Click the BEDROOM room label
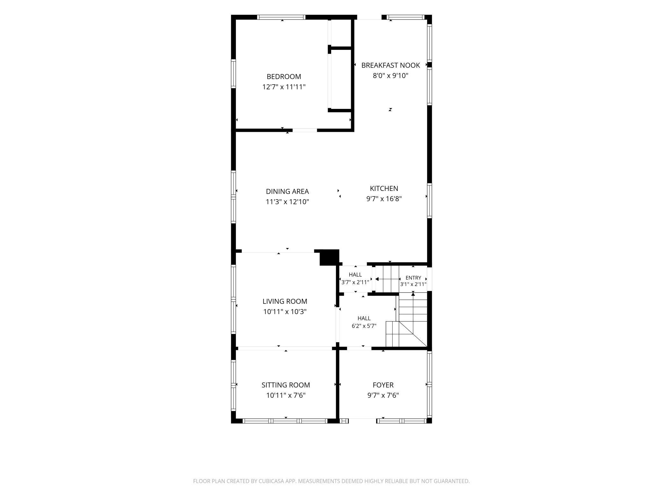(284, 77)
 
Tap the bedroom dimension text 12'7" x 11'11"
(284, 87)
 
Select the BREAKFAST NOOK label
(390, 65)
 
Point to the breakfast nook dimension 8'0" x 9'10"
(390, 76)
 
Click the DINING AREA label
(287, 192)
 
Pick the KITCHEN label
(384, 188)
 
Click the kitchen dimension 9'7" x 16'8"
(384, 199)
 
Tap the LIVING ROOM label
(285, 301)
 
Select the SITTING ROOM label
(286, 385)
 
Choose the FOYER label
(383, 385)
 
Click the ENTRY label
(413, 278)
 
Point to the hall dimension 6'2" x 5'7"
(364, 326)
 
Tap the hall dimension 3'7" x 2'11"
(355, 282)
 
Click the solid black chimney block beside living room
(329, 257)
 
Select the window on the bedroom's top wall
(281, 17)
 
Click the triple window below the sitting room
(285, 421)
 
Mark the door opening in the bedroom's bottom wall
(305, 130)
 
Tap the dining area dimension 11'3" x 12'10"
(287, 202)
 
